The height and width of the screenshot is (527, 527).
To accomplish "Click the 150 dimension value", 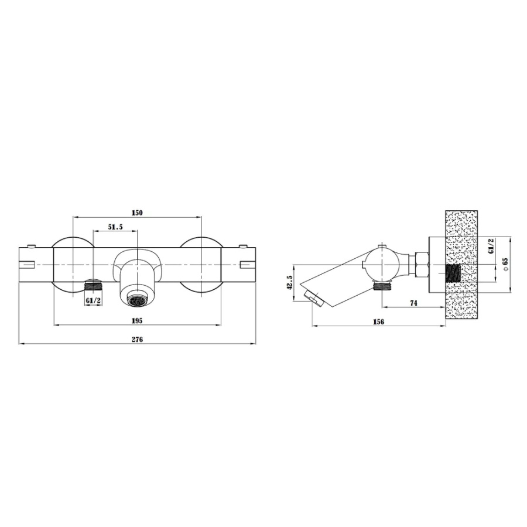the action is [x=137, y=213].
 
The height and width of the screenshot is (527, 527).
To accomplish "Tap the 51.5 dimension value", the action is [x=115, y=227].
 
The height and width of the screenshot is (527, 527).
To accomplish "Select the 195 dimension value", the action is [x=137, y=321].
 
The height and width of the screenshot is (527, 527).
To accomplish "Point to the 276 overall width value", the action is [x=137, y=340].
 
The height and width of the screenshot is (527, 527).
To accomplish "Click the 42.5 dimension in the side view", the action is [x=289, y=282].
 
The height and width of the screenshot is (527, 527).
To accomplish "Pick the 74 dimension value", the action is [x=413, y=303].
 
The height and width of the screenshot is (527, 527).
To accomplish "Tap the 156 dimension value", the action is [x=378, y=321].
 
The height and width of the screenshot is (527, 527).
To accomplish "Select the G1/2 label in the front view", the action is [x=93, y=300].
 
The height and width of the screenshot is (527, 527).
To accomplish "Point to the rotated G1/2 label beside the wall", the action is [x=490, y=246].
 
